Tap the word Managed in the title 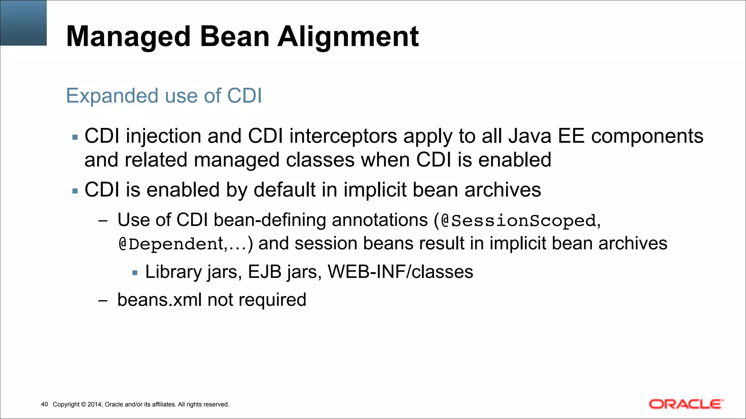(128, 37)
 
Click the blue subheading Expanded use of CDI (164, 96)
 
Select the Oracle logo (686, 404)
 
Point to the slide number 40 (44, 404)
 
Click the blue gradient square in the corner (23, 23)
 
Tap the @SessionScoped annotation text (518, 221)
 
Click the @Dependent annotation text (171, 244)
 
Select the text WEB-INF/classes (400, 272)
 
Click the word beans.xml (159, 300)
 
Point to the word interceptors (343, 136)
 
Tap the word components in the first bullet (647, 136)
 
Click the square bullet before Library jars (135, 272)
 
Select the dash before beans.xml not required (103, 301)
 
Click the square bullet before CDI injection (75, 137)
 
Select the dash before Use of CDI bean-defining (103, 221)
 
